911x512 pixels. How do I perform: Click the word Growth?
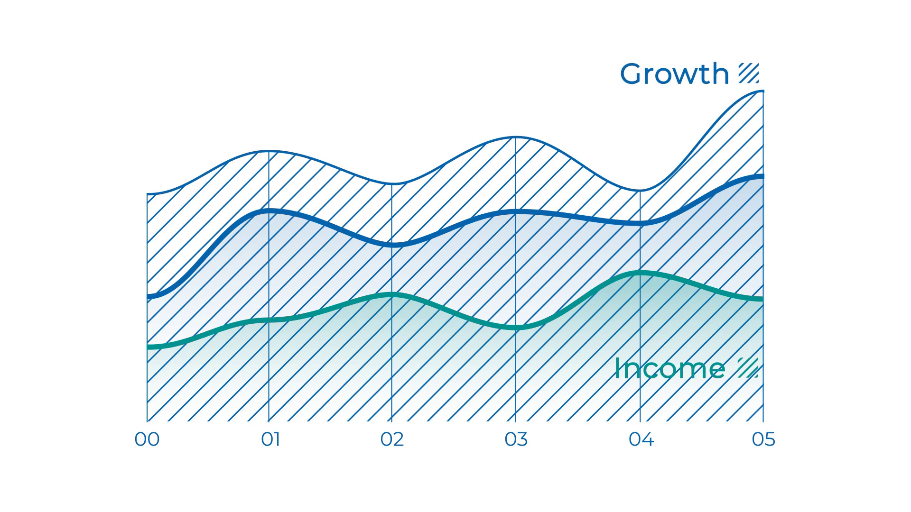674,74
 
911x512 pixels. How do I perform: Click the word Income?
669,369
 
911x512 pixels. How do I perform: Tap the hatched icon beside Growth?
749,73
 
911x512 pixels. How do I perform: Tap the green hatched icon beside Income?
748,368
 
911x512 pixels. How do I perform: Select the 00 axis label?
147,439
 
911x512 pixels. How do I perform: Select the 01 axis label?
270,439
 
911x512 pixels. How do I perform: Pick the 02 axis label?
392,439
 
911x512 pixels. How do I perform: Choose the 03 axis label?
516,439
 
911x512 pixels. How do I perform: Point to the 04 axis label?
641,439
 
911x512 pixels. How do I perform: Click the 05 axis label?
763,439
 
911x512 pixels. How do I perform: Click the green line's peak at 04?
641,273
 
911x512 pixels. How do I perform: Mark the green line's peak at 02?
392,295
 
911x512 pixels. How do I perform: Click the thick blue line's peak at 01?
269,210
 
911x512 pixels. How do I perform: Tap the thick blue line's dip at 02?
392,245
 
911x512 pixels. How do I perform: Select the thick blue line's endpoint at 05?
762,176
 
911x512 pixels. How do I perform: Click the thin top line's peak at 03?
516,137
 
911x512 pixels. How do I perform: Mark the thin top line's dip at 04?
641,191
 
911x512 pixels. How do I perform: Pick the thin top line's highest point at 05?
762,91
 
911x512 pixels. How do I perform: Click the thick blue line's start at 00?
149,296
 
